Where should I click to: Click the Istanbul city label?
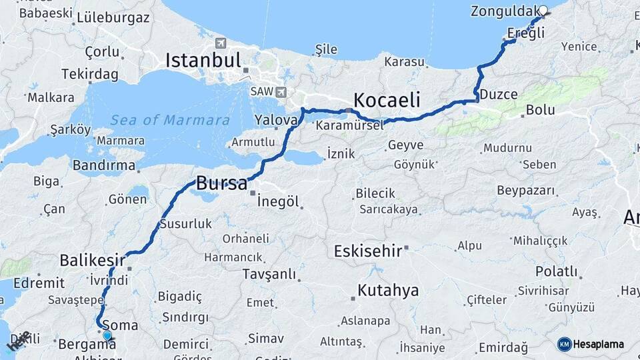click(x=203, y=61)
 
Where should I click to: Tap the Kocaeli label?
click(x=387, y=101)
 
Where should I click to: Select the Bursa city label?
click(x=221, y=183)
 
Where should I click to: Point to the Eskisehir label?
click(x=367, y=251)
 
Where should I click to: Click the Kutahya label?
click(x=388, y=291)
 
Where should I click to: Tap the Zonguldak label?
click(x=504, y=11)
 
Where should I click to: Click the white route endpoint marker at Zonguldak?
click(x=543, y=11)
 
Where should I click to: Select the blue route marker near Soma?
click(x=107, y=335)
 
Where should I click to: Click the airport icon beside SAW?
click(x=280, y=91)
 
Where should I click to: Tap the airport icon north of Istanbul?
click(x=221, y=43)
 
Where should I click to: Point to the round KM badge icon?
click(x=564, y=345)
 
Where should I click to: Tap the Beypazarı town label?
click(x=526, y=191)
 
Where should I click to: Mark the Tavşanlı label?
click(x=269, y=274)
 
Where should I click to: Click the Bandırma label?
click(x=107, y=165)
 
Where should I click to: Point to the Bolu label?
click(x=540, y=110)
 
